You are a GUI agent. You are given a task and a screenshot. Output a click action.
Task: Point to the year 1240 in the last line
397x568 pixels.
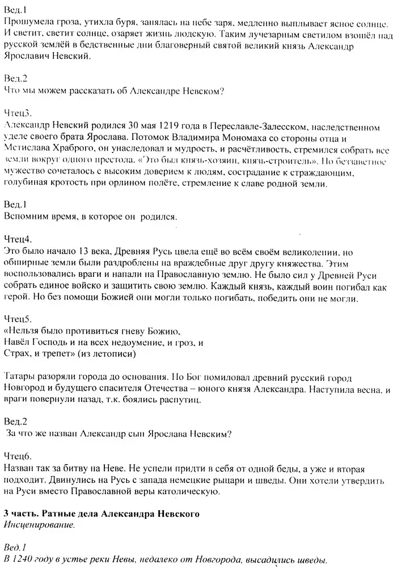point(23,560)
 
